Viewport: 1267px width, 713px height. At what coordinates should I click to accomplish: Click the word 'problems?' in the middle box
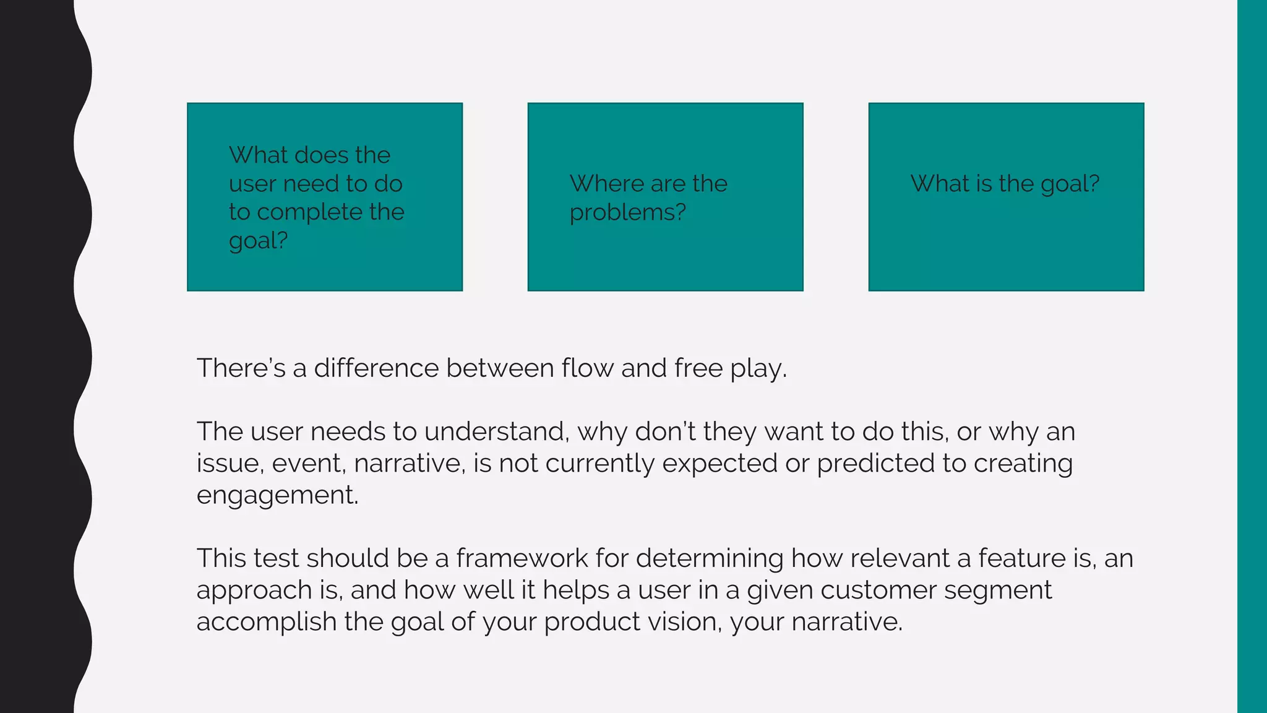pyautogui.click(x=627, y=213)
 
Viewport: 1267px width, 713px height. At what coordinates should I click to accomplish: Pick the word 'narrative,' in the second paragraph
pyautogui.click(x=409, y=464)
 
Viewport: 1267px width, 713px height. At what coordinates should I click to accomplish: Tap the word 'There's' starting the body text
pyautogui.click(x=241, y=368)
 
